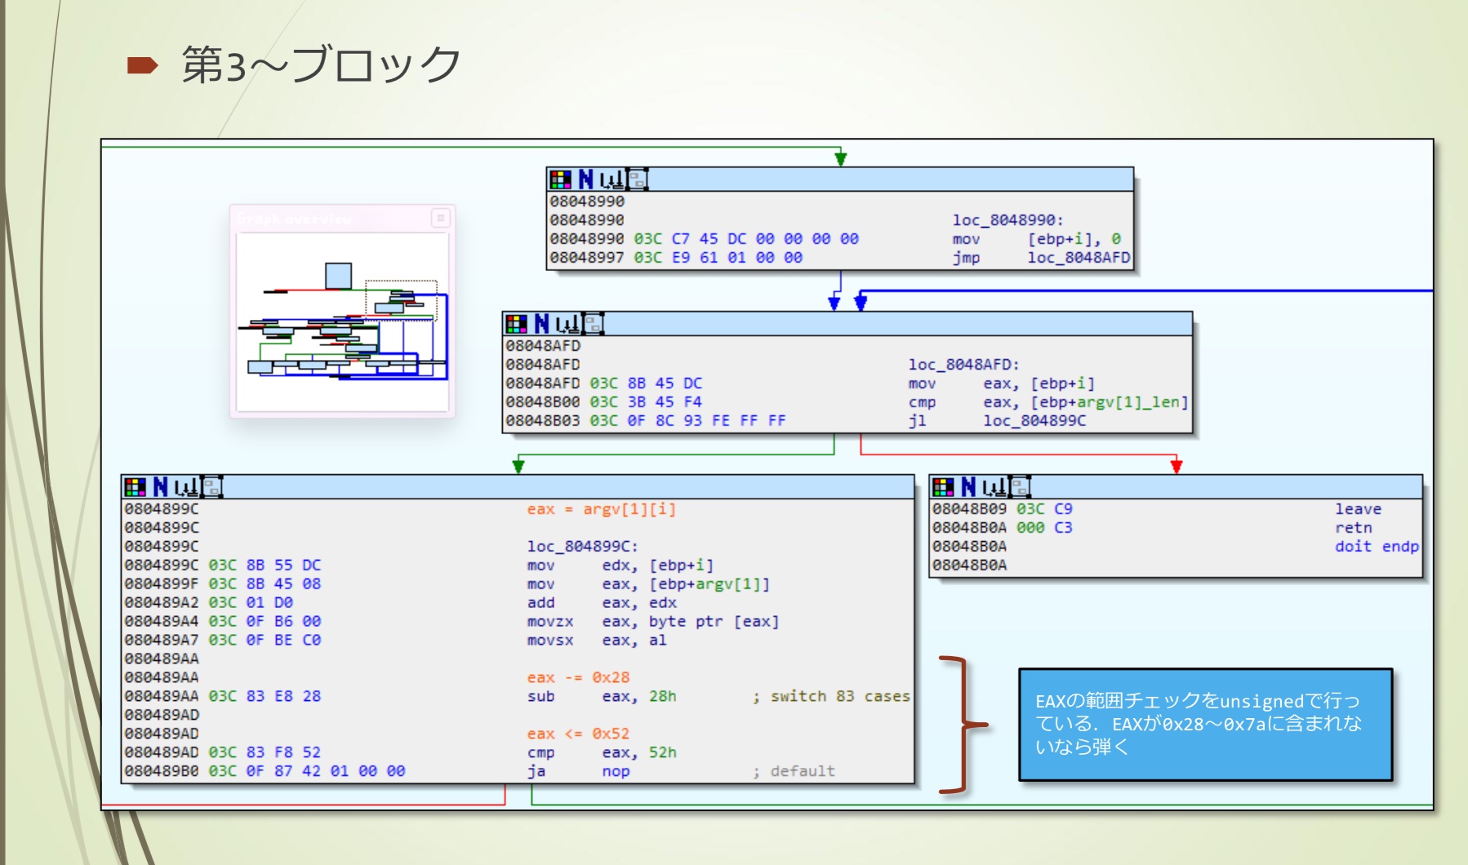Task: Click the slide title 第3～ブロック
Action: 321,64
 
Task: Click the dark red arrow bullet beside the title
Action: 142,65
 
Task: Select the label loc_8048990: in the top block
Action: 1008,220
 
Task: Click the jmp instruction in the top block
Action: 966,258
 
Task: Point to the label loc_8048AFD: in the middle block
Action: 963,365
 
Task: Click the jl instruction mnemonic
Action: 917,420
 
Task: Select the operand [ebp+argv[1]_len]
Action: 1110,402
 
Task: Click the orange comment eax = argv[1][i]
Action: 601,509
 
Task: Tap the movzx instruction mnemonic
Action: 549,622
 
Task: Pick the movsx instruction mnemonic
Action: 549,641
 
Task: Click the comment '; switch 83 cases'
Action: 831,696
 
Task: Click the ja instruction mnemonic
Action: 536,771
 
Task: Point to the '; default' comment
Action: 794,771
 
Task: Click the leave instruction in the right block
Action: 1358,509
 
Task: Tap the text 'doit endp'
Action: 1377,547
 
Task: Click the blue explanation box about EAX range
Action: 1205,724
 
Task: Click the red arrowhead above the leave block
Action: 1176,466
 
